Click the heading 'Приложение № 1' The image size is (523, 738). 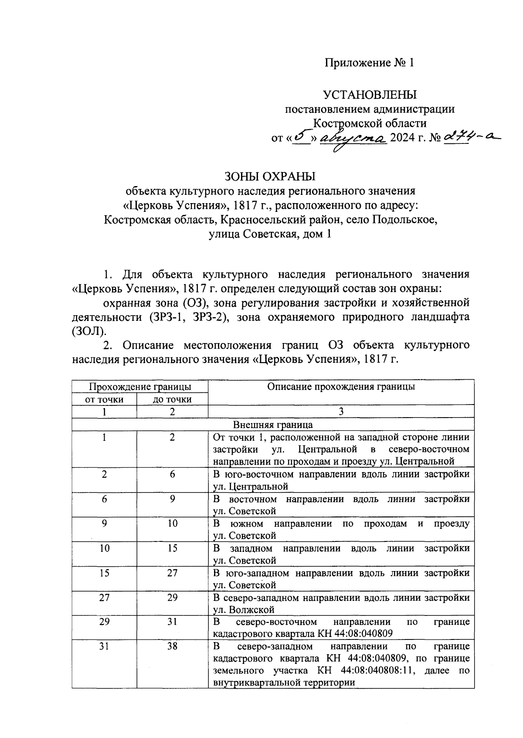pyautogui.click(x=369, y=63)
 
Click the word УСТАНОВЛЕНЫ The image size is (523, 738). pyautogui.click(x=370, y=94)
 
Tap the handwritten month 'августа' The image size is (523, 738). pyautogui.click(x=353, y=139)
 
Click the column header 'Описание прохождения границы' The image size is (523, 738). pyautogui.click(x=341, y=386)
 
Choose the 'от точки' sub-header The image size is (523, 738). pyautogui.click(x=104, y=399)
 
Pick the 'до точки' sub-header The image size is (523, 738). pyautogui.click(x=172, y=399)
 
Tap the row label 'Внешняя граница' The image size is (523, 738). pyautogui.click(x=273, y=425)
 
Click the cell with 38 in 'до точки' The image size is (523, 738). pyautogui.click(x=172, y=646)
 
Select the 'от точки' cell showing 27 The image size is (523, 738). pyautogui.click(x=104, y=597)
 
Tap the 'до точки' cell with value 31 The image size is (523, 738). pyautogui.click(x=172, y=622)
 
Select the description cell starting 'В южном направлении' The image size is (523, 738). pyautogui.click(x=341, y=529)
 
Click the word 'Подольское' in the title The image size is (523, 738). pyautogui.click(x=404, y=220)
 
